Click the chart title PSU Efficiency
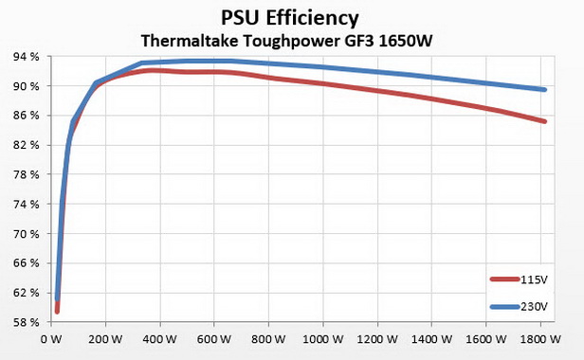[292, 18]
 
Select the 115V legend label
[534, 279]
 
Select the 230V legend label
[534, 306]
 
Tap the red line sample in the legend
[503, 279]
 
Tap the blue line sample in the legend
[503, 306]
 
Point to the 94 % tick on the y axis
[26, 57]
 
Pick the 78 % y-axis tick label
[26, 175]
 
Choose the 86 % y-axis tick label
[26, 116]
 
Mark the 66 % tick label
[26, 263]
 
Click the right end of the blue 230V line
[545, 90]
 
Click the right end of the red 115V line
[545, 121]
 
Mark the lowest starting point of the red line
[57, 311]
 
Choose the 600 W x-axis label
[216, 337]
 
